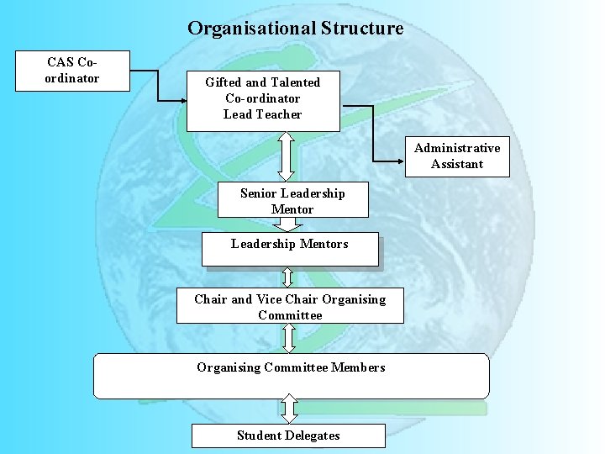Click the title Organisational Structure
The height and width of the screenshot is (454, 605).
[295, 29]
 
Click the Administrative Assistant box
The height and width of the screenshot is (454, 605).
[457, 156]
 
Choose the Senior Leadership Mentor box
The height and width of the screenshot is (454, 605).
[292, 201]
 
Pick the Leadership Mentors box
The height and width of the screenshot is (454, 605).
[290, 249]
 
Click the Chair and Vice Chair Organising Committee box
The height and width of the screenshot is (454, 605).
[290, 307]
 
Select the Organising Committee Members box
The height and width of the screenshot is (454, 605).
[291, 375]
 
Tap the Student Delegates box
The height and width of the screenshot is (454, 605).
[288, 436]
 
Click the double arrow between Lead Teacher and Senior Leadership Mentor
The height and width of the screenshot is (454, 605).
[287, 156]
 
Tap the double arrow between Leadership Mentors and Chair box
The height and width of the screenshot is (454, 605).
[287, 277]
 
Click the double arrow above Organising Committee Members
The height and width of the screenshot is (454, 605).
[289, 338]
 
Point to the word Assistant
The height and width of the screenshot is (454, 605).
[457, 164]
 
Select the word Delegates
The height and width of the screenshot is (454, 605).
[312, 436]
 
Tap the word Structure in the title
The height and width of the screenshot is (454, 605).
[362, 29]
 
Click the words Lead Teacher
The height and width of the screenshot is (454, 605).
[262, 114]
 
